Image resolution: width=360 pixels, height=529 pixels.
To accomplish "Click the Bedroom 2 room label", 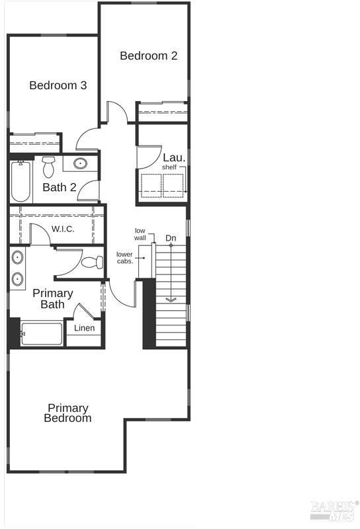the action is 149,56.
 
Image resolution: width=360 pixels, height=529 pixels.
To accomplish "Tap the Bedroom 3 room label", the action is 58,85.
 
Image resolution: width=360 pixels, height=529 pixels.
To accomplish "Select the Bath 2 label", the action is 60,187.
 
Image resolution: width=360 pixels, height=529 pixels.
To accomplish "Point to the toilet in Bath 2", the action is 48,167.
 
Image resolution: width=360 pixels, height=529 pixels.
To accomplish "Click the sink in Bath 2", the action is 80,163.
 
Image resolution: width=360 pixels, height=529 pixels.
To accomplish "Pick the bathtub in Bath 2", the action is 21,181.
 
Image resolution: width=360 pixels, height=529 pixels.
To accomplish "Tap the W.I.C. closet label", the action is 63,229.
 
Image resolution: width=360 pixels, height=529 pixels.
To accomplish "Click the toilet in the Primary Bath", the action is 92,262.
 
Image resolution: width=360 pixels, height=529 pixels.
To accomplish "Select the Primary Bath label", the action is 53,299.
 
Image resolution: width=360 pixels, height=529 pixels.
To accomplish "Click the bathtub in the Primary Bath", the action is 42,334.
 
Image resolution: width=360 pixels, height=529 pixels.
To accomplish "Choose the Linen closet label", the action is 84,328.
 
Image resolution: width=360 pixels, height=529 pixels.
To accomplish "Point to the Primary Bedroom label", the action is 67,413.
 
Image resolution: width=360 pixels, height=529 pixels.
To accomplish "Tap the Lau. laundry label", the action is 174,157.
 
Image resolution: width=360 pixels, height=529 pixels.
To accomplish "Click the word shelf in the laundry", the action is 169,167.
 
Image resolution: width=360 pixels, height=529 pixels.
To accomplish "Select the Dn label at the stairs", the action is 171,238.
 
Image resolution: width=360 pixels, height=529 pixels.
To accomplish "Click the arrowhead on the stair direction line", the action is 171,300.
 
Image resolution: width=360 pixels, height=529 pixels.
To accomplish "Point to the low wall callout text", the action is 140,234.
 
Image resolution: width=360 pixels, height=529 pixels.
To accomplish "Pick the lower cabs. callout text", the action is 125,257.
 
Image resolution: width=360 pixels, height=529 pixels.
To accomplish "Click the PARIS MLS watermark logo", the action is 334,510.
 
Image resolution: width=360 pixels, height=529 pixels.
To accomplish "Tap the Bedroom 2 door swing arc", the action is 122,107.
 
